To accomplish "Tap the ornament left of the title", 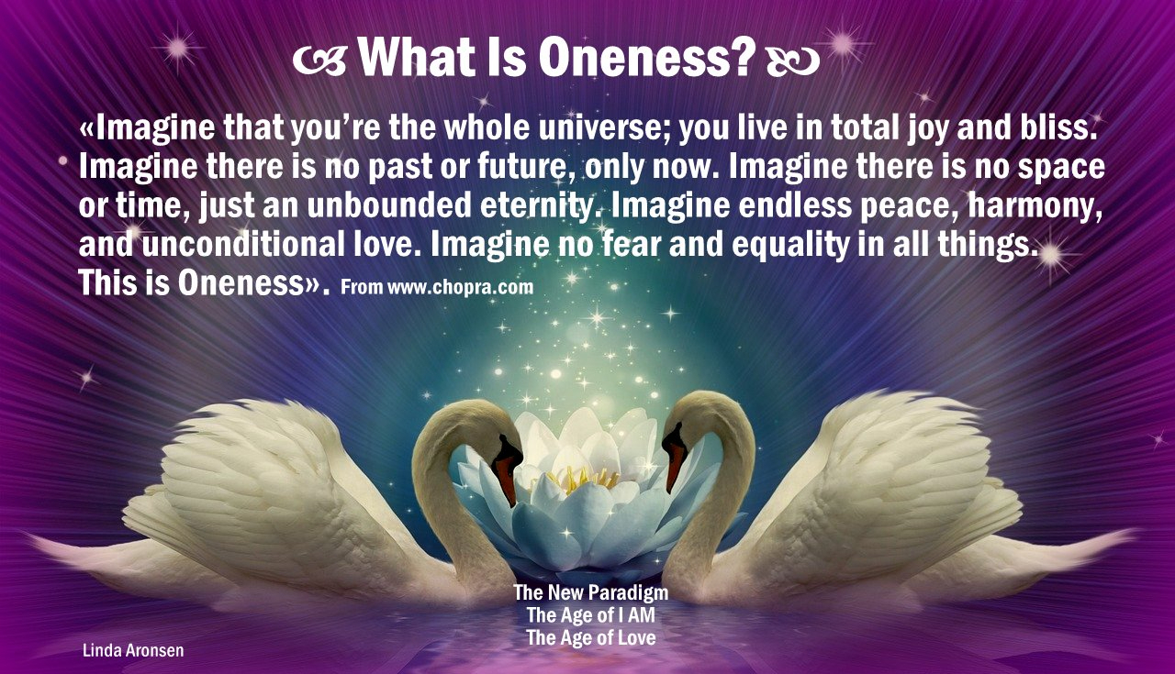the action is coord(319,61).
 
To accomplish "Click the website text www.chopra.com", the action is coord(460,287).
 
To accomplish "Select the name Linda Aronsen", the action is coord(133,650).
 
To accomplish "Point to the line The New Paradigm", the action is coord(591,592).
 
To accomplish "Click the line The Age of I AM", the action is coord(591,614).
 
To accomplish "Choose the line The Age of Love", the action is coord(591,637).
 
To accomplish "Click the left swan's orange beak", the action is coord(505,474).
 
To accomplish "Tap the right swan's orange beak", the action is coord(675,461).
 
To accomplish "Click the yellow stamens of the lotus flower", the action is coord(581,478).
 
